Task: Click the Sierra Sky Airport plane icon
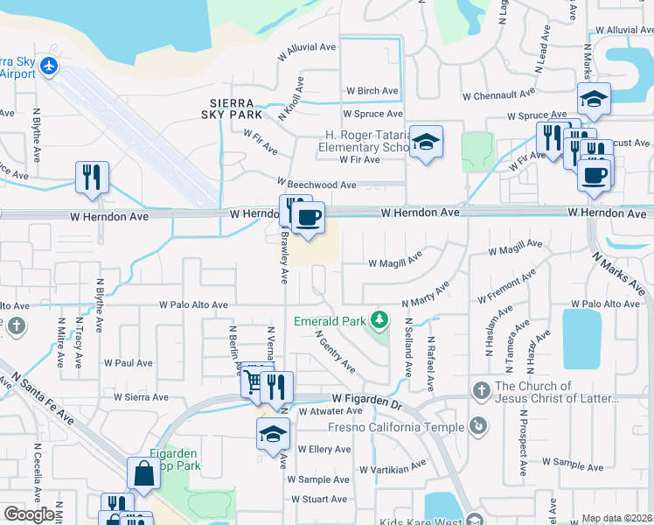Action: [48, 66]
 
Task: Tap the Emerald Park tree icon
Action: [379, 321]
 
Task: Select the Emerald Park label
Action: [330, 321]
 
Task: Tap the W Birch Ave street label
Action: [372, 91]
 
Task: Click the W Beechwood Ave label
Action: [317, 185]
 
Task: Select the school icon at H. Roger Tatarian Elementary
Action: [426, 142]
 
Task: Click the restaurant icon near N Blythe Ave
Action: [92, 177]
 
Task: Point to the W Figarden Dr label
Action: [365, 398]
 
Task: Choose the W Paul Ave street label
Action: [128, 363]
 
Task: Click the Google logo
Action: [30, 514]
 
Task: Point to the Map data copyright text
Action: [616, 519]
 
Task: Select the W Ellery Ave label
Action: [324, 450]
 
